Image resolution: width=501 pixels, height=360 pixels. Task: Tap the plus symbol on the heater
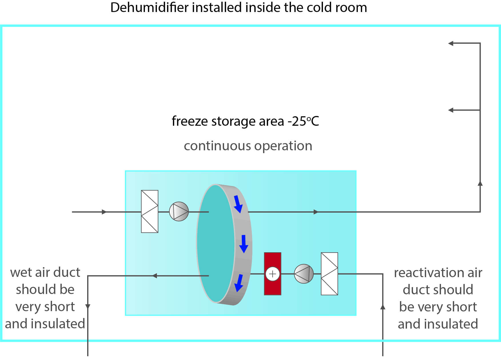click(x=272, y=274)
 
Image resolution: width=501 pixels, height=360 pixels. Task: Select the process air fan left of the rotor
click(x=179, y=212)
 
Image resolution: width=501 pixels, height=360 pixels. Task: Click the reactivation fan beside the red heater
click(x=304, y=274)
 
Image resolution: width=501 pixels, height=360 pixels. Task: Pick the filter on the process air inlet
click(x=149, y=211)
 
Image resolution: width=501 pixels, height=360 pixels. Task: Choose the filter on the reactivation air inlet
click(x=329, y=274)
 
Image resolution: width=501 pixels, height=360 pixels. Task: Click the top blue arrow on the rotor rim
click(x=238, y=204)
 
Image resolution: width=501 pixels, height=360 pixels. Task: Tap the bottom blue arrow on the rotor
click(x=239, y=283)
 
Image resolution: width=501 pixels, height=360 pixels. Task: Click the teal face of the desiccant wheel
click(x=216, y=243)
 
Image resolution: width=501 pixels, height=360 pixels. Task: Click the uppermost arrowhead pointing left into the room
click(x=451, y=43)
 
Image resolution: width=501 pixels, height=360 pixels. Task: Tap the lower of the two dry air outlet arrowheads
click(x=451, y=110)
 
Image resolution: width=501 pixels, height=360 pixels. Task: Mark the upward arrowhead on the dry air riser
click(x=480, y=183)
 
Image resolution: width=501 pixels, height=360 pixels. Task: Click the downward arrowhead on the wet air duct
click(x=88, y=307)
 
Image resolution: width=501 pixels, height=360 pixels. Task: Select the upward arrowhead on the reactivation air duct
click(x=383, y=307)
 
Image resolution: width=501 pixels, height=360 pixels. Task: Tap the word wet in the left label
click(x=21, y=273)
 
